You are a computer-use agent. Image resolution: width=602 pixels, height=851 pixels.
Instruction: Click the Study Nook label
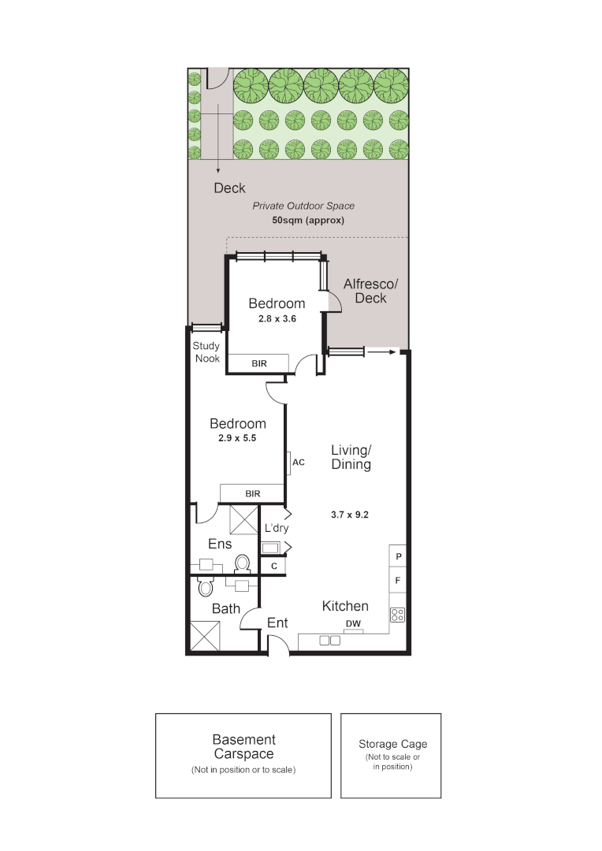[206, 352]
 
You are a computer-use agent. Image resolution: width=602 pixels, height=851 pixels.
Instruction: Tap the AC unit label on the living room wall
[298, 463]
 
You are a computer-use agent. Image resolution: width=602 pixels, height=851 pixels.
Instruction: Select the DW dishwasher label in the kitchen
[353, 624]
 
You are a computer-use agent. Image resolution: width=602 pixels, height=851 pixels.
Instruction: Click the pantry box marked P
[399, 556]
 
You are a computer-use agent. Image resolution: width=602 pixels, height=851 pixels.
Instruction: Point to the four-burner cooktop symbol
[398, 615]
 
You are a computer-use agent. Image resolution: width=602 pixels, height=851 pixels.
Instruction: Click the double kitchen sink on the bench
[329, 641]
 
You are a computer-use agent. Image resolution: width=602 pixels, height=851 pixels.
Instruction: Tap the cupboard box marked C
[273, 566]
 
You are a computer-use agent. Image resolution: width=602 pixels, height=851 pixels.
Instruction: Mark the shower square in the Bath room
[205, 636]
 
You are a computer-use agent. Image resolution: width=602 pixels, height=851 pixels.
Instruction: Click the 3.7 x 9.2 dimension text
[350, 515]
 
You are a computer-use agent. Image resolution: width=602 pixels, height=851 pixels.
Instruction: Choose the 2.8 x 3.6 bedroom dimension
[276, 320]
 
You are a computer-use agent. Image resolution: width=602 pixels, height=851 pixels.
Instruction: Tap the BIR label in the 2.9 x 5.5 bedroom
[252, 493]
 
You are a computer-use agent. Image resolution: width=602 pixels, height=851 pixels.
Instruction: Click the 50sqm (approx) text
[308, 221]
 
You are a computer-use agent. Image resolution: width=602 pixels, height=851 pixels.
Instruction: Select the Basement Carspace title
[243, 747]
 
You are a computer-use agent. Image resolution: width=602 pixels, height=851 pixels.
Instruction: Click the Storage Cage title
[392, 744]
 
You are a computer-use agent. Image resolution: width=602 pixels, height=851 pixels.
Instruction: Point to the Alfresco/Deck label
[370, 290]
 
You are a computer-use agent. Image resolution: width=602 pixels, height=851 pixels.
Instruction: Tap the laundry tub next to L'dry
[273, 548]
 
